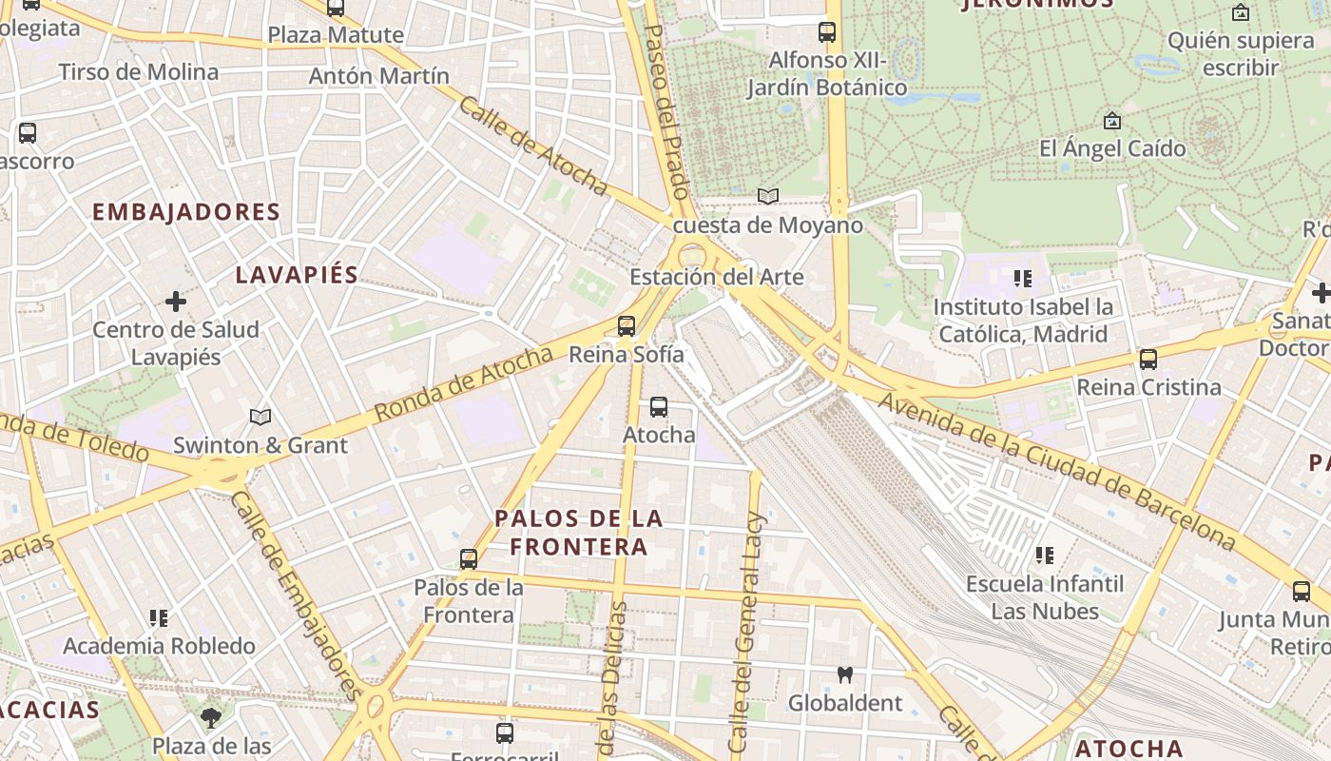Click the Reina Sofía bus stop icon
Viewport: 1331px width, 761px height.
coord(626,326)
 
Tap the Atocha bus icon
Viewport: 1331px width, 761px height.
coord(658,408)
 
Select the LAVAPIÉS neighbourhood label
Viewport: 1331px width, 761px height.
coord(297,276)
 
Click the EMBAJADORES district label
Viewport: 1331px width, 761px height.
coord(186,212)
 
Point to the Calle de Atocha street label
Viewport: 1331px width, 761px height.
coord(532,146)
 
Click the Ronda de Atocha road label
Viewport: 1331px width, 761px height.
coord(464,384)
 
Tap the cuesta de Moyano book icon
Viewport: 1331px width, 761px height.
coord(767,197)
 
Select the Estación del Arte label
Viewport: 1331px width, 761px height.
coord(717,278)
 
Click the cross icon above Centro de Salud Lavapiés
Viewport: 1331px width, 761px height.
coord(176,302)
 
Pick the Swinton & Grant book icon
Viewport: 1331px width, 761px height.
coord(260,417)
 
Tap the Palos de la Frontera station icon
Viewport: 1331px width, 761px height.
coord(468,559)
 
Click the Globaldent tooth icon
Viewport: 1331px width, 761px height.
coord(844,675)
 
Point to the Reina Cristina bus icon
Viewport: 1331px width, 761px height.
coord(1148,360)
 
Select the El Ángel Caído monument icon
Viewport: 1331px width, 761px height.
coord(1111,121)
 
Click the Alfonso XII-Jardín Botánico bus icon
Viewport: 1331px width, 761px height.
coord(827,32)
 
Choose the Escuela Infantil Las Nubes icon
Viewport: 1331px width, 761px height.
coord(1044,556)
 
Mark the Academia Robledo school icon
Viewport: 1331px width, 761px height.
coord(159,618)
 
